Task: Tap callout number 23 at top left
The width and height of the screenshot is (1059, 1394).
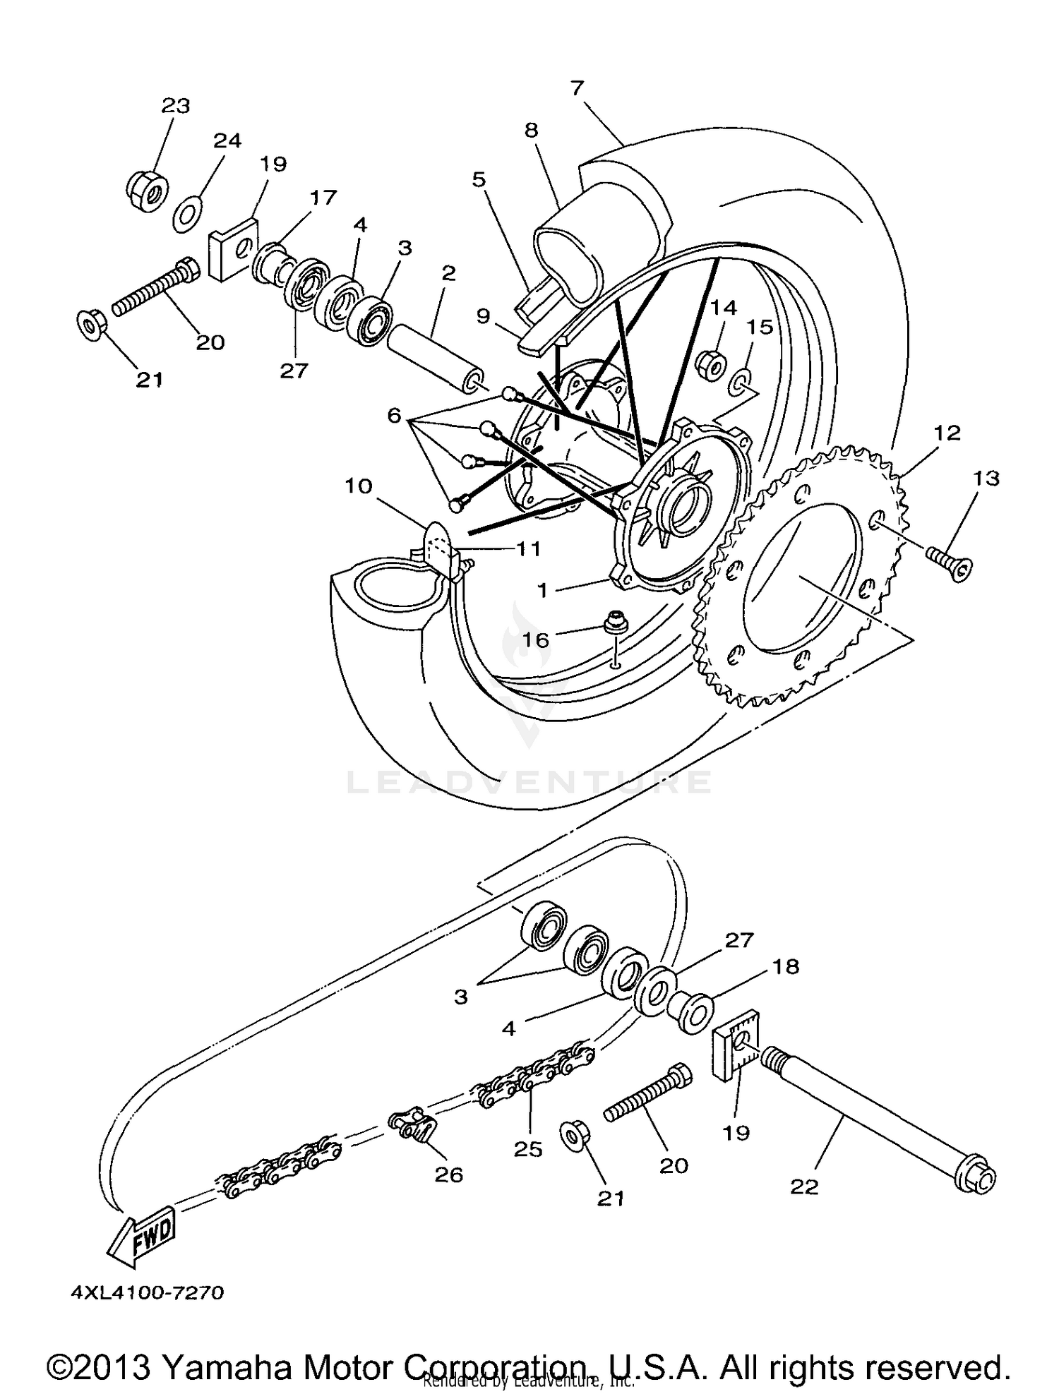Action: tap(176, 106)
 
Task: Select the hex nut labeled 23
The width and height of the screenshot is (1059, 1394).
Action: tap(148, 189)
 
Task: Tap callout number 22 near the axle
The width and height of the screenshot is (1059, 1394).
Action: tap(803, 1186)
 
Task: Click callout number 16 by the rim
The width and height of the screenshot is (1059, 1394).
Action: tap(534, 639)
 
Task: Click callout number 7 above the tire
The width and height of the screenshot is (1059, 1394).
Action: tap(577, 88)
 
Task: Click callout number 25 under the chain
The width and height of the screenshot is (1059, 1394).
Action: tap(527, 1149)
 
